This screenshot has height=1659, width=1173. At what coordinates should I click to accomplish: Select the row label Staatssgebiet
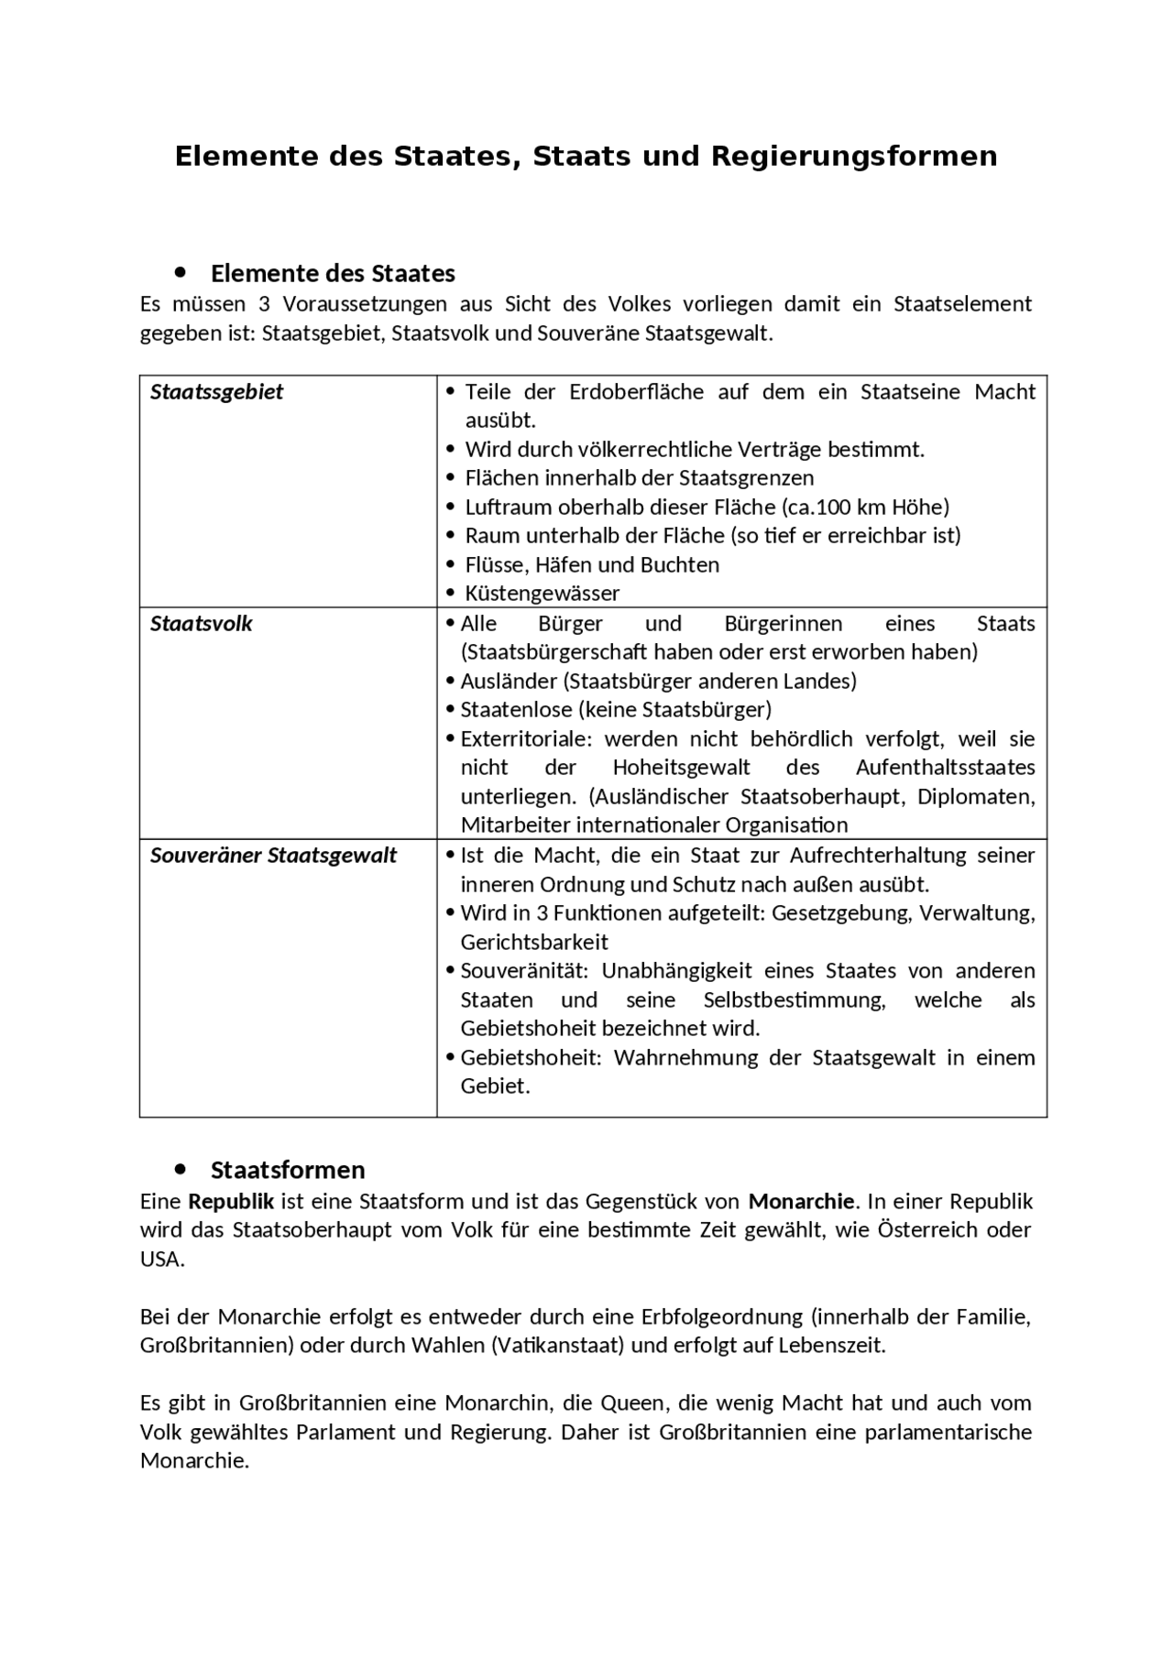coord(216,392)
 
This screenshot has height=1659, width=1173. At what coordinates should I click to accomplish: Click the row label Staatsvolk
coord(201,624)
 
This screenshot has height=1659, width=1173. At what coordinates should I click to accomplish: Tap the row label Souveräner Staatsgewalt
coord(273,856)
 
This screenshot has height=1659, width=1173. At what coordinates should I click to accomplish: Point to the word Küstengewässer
coord(542,594)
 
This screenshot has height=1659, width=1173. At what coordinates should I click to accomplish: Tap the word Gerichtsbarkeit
coord(534,943)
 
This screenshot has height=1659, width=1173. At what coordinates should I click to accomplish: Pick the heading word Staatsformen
coord(288,1170)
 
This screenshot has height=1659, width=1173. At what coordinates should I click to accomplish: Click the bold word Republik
coord(231,1201)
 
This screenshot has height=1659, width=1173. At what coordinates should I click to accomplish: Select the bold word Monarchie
coord(800,1201)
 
